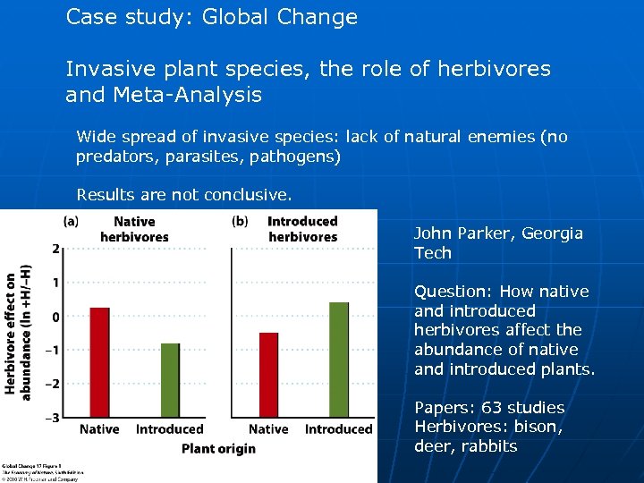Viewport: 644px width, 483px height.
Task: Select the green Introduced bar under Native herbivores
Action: click(170, 379)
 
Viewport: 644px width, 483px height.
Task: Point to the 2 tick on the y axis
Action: click(55, 249)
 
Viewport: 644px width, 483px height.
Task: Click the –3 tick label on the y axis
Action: click(54, 418)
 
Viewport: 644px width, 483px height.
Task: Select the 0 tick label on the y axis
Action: click(55, 317)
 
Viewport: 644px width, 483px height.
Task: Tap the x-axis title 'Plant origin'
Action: click(218, 448)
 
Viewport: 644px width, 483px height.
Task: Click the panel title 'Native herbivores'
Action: click(134, 229)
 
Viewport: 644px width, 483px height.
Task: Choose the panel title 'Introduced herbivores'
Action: click(302, 229)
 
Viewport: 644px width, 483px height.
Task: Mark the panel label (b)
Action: click(240, 220)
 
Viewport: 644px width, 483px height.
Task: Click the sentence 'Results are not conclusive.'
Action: click(184, 194)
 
